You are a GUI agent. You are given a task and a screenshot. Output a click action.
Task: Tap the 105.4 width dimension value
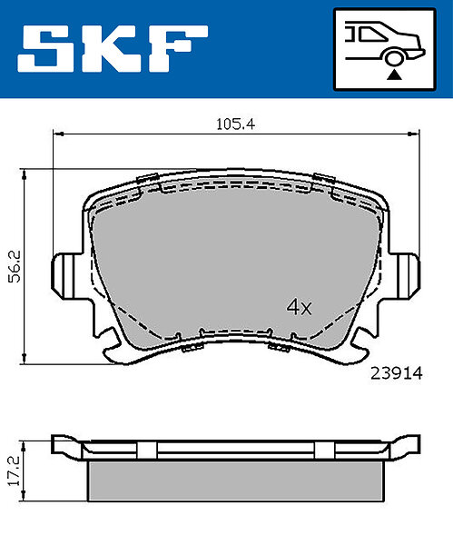coord(235,124)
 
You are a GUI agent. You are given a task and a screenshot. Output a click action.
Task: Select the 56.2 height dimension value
coord(15,266)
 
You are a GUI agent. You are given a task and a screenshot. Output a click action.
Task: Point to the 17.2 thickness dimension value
coord(15,471)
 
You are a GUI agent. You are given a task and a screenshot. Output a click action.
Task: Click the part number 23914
coord(397,373)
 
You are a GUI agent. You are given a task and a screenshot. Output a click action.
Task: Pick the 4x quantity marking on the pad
coord(299,307)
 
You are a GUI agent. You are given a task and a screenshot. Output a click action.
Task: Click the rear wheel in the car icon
coord(394,58)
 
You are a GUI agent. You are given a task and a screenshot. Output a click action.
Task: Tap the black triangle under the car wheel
coord(394,74)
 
